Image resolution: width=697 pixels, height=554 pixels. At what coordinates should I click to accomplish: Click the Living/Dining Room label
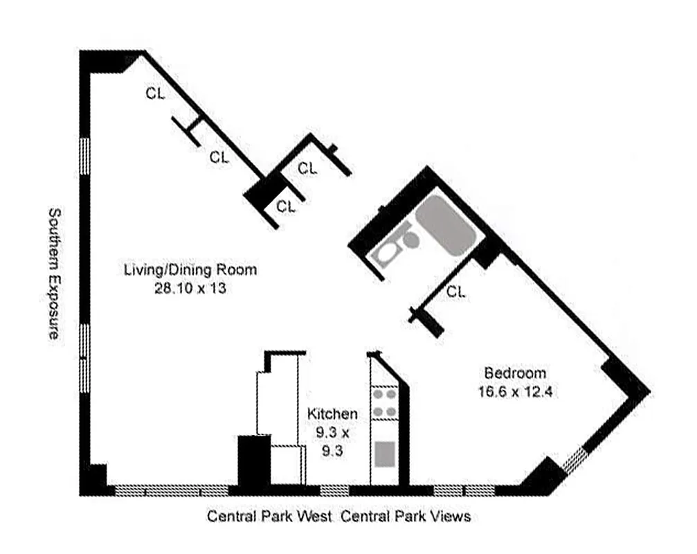tap(190, 269)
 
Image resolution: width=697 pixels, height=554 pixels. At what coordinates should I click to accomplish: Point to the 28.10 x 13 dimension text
tap(190, 288)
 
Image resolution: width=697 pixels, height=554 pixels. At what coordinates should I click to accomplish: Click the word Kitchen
tap(332, 414)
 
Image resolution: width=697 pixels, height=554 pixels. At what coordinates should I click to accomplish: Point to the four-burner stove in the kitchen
tap(384, 403)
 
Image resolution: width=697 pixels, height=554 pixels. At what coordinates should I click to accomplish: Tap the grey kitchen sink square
tap(384, 454)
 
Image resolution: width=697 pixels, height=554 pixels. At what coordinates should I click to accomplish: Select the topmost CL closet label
tap(155, 95)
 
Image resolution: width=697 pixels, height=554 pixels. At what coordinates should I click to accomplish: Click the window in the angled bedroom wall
tap(574, 461)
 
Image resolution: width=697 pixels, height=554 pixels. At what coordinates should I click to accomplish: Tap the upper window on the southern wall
tap(85, 158)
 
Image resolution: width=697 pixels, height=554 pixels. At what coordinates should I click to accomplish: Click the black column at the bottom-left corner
tap(93, 479)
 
